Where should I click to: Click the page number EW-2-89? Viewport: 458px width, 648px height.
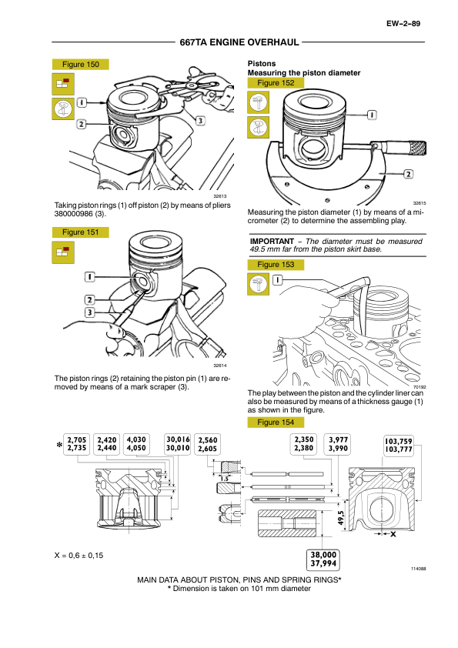[403, 24]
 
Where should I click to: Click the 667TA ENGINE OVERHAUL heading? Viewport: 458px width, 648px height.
[239, 42]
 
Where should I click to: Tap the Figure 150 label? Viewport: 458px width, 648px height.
[81, 65]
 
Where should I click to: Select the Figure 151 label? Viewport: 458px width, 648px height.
[81, 232]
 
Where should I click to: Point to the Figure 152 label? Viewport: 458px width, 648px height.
[276, 82]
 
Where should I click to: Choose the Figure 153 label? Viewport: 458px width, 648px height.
[276, 265]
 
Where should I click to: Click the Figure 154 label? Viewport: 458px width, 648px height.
[276, 423]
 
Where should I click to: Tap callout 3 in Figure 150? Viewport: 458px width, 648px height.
[200, 121]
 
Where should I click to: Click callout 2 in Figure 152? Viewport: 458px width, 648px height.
[409, 174]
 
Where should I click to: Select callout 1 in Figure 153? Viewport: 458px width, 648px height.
[277, 280]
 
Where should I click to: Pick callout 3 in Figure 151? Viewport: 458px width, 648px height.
[90, 312]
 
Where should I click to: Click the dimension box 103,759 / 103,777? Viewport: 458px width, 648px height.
[399, 445]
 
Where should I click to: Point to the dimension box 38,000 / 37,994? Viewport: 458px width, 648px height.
[323, 559]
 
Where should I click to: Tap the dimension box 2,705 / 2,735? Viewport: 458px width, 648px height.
[76, 444]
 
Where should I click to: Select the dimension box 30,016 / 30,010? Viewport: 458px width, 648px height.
[178, 444]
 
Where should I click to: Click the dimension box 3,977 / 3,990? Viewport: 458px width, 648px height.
[338, 444]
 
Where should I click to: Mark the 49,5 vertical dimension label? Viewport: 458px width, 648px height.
[341, 518]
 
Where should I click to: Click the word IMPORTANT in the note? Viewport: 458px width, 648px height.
[272, 242]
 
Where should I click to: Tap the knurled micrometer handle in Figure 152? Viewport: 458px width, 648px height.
[418, 148]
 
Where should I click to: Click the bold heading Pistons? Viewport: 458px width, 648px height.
[262, 64]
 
